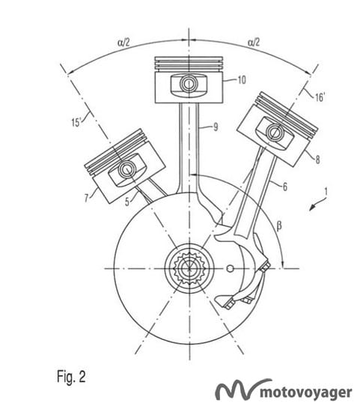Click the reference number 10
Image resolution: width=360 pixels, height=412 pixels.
pos(242,79)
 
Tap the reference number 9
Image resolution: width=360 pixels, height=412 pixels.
pos(216,127)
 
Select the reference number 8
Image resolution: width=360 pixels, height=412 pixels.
pos(317,160)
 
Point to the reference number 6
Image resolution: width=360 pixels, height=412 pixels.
pos(285,187)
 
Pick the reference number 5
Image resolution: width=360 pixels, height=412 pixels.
pos(127,202)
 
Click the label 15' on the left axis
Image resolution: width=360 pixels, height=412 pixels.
pos(77,122)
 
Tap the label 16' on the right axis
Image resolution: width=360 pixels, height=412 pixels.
pos(320,97)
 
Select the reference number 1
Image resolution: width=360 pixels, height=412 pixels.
pos(326,192)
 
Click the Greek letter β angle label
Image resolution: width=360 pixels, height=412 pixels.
pos(279,225)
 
